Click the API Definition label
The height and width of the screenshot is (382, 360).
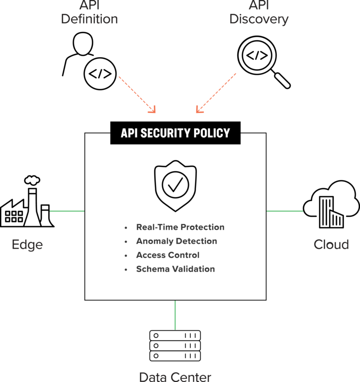coord(89,13)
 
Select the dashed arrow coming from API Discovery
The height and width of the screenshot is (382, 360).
coord(217,93)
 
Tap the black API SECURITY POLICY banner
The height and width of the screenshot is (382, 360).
coord(175,133)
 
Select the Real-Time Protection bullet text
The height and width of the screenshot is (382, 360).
coord(180,227)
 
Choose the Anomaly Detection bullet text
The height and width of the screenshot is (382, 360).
coord(176,241)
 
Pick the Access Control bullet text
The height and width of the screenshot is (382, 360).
coord(167,255)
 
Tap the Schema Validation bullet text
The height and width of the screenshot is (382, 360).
coord(175,269)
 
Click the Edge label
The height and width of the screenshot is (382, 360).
coord(27,244)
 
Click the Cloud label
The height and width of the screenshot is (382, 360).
coord(331,244)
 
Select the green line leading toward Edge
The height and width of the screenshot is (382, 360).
coord(67,211)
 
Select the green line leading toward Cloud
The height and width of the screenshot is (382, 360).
coord(285,211)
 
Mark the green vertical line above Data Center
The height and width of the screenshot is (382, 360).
coord(175,315)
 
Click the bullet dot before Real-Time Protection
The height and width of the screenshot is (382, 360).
coord(126,228)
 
